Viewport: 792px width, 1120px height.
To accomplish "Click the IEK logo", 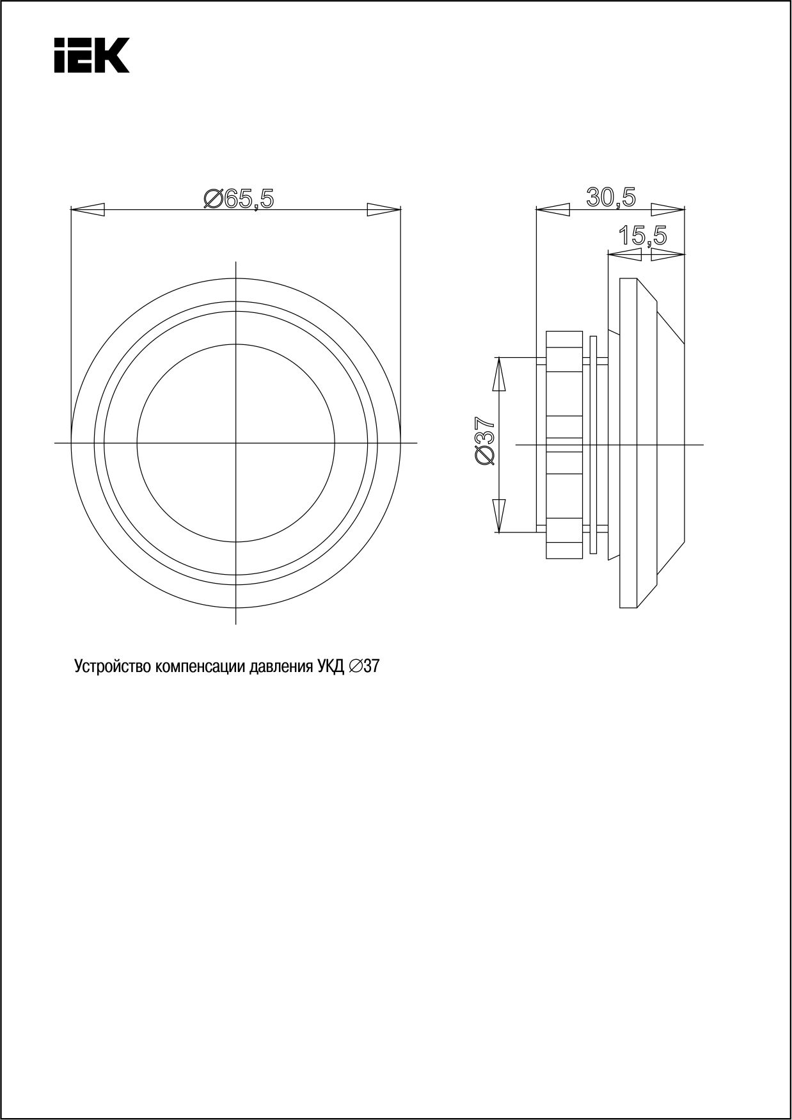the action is [x=91, y=55].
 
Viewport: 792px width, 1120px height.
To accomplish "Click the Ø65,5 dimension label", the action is [x=239, y=199].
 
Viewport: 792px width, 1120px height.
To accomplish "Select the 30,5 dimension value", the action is [x=612, y=198].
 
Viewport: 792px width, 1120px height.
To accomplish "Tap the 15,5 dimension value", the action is [x=642, y=236].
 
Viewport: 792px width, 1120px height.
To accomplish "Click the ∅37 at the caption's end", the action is [x=365, y=667].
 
